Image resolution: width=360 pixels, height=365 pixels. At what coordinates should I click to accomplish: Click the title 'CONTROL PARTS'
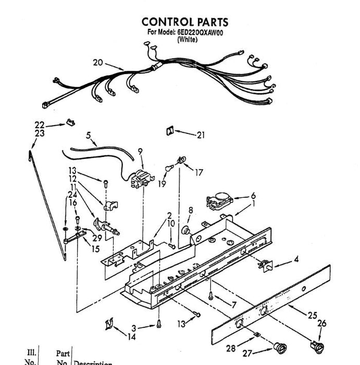[x=184, y=22]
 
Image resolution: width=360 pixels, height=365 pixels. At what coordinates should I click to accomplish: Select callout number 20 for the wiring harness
[x=98, y=63]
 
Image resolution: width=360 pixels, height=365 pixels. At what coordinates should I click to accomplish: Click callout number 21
[x=201, y=135]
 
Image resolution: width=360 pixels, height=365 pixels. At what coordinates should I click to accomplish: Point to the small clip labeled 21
[x=169, y=130]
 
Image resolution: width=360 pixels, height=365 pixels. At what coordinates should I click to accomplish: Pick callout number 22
[x=40, y=125]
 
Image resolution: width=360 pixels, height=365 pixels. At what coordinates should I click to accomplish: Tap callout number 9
[x=140, y=152]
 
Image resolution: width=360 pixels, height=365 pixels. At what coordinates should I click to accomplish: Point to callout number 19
[x=162, y=184]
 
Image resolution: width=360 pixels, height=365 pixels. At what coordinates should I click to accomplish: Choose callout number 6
[x=253, y=196]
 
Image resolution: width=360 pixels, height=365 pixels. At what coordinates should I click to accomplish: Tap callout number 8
[x=191, y=210]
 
